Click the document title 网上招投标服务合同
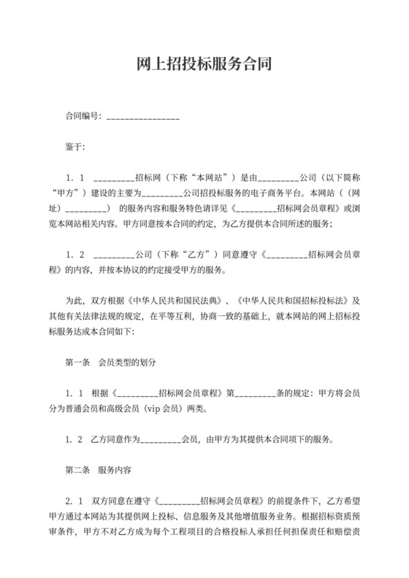(204, 63)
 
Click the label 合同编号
(82, 116)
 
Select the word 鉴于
(75, 147)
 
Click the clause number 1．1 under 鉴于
(76, 177)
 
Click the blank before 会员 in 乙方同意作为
(159, 440)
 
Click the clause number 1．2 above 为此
(76, 255)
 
